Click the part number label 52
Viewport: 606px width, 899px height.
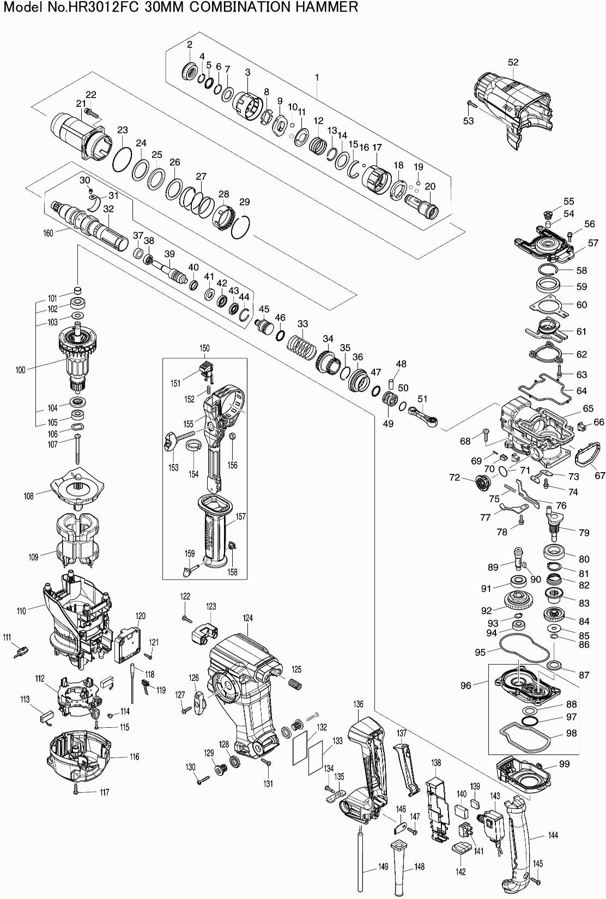[513, 62]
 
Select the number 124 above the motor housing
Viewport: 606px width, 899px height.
[248, 618]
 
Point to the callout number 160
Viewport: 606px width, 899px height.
[48, 233]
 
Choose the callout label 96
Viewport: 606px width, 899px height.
[465, 685]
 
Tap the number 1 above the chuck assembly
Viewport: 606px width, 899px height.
[316, 78]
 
